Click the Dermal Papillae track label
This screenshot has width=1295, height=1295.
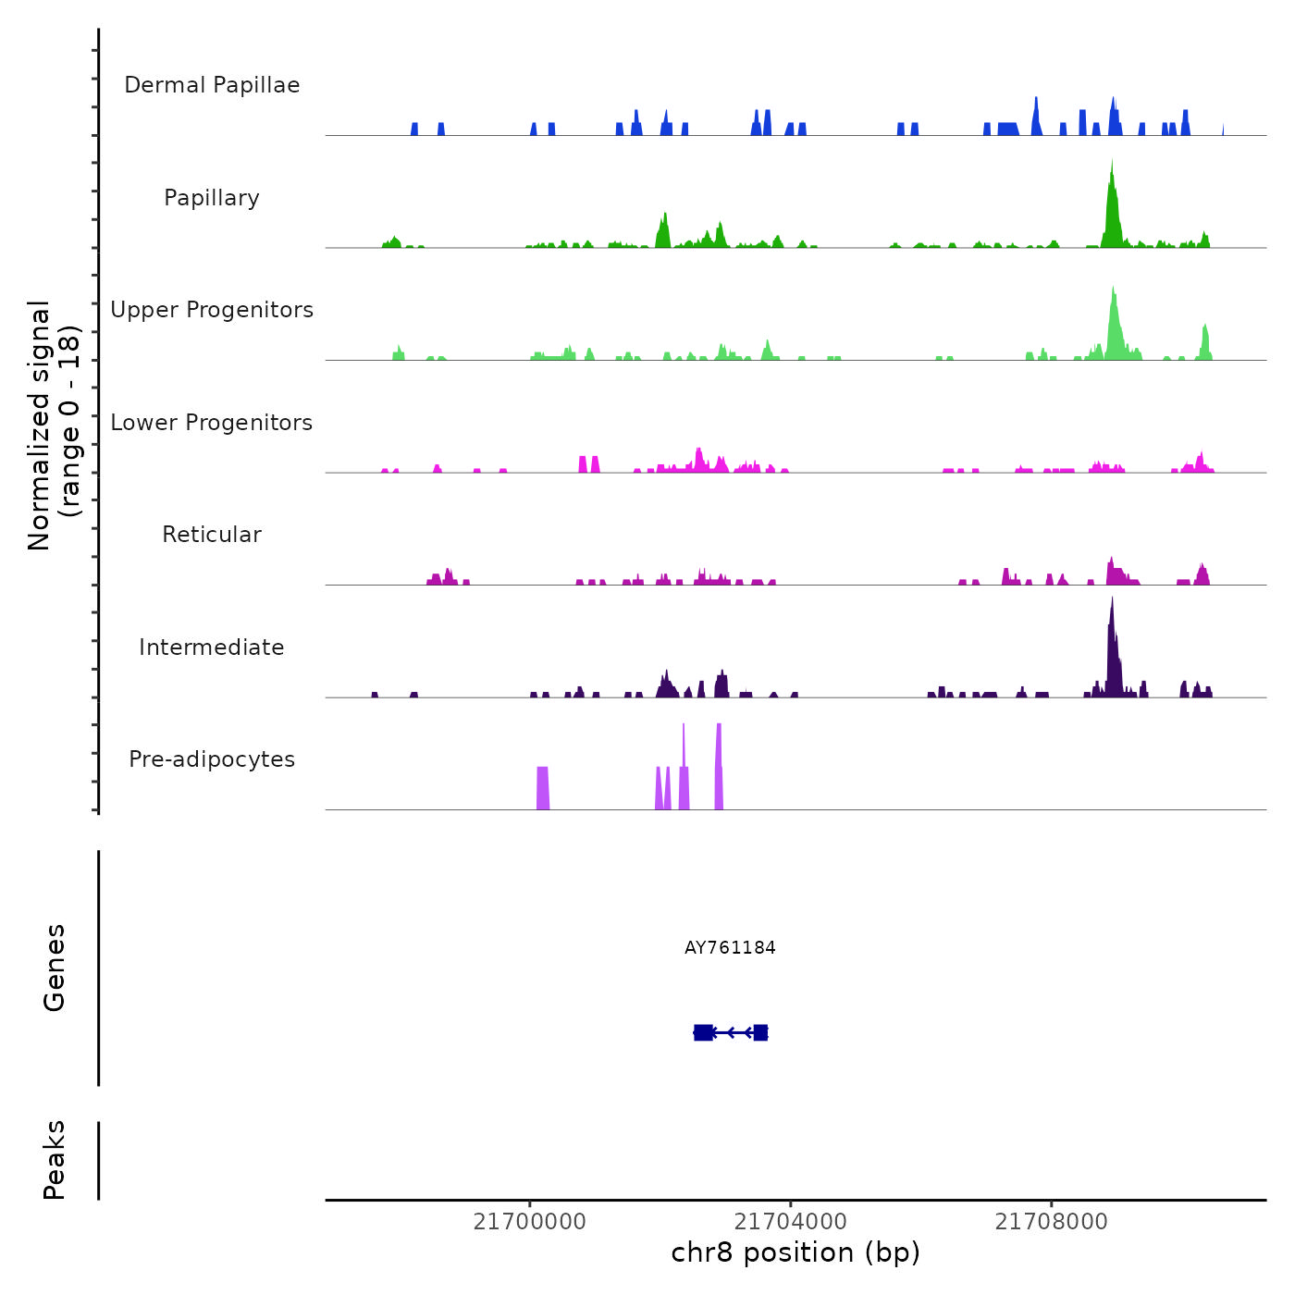tap(212, 85)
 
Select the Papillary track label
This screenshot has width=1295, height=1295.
tap(212, 198)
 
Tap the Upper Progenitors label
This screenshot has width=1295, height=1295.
tap(212, 310)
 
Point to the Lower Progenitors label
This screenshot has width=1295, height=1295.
tap(212, 423)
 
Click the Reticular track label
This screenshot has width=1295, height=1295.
tap(212, 535)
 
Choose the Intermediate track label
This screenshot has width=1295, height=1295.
tap(212, 647)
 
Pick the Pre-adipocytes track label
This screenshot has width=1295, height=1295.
tap(212, 759)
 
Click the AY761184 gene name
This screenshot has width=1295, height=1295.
tap(730, 947)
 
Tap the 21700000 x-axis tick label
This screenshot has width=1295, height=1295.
tap(529, 1222)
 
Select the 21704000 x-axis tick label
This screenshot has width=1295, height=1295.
tap(790, 1222)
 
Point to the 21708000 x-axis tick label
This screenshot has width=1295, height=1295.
tap(1051, 1222)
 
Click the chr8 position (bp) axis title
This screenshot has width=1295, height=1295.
tap(795, 1252)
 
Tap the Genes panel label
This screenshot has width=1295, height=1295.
tap(55, 968)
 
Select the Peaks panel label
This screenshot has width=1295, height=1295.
tap(55, 1160)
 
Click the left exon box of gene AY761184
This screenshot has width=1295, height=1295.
tap(703, 1032)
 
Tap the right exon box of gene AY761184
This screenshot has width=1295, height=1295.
tap(760, 1032)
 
